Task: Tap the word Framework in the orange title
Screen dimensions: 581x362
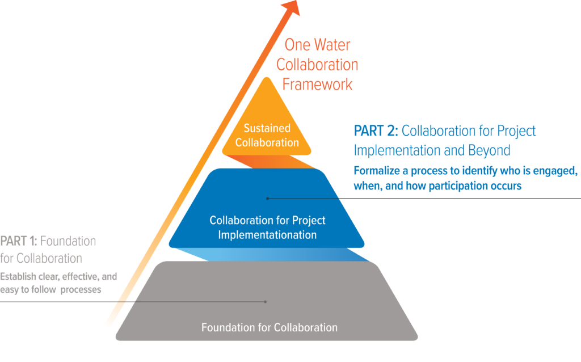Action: click(x=317, y=85)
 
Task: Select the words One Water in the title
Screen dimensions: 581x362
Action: click(x=317, y=45)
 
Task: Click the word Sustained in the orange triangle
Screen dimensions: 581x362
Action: click(x=267, y=128)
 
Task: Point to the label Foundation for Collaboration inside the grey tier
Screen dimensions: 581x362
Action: click(x=270, y=327)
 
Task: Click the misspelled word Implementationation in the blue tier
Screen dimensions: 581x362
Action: click(x=267, y=235)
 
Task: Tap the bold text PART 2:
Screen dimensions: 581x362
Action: click(x=376, y=131)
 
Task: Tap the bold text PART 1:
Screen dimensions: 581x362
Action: click(x=19, y=241)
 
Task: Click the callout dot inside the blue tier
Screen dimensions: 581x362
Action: click(x=268, y=199)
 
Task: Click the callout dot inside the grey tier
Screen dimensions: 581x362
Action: click(x=266, y=302)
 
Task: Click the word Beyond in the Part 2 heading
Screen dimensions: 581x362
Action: click(x=489, y=150)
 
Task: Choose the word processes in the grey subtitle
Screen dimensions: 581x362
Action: click(x=81, y=290)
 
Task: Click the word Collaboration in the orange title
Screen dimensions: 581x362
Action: click(x=317, y=65)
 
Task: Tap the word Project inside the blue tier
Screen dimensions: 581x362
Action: click(x=309, y=221)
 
